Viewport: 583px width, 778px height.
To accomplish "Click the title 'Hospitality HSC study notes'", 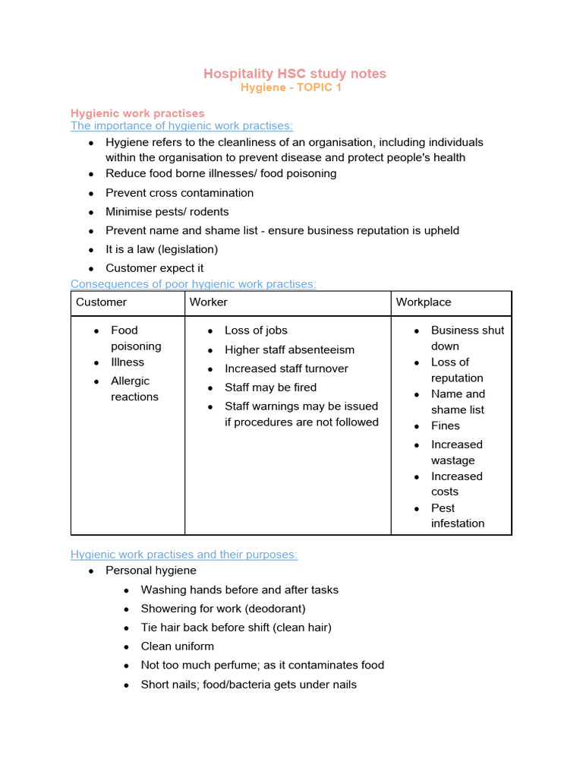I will pyautogui.click(x=295, y=73).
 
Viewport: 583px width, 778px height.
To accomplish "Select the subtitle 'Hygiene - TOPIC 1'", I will pyautogui.click(x=291, y=87).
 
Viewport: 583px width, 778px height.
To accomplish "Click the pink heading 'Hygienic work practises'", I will pyautogui.click(x=137, y=113).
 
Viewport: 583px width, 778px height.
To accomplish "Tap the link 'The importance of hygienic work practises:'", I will pyautogui.click(x=181, y=126).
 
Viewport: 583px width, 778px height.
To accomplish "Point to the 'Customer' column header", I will pyautogui.click(x=101, y=302).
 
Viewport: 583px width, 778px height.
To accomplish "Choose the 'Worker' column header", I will pyautogui.click(x=209, y=302).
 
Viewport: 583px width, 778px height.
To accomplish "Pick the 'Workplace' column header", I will pyautogui.click(x=424, y=302).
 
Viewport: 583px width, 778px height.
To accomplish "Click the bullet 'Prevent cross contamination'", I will pyautogui.click(x=179, y=193).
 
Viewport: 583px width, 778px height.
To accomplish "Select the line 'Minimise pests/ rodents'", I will pyautogui.click(x=167, y=212).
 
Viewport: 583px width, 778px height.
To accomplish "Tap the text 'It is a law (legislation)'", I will pyautogui.click(x=162, y=249).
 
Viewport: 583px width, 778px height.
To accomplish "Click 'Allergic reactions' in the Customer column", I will pyautogui.click(x=134, y=389).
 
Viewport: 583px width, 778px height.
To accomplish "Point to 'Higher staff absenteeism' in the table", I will pyautogui.click(x=289, y=349).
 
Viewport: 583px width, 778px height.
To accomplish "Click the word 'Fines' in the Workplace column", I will pyautogui.click(x=446, y=426).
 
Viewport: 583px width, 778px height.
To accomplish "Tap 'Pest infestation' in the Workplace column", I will pyautogui.click(x=457, y=516).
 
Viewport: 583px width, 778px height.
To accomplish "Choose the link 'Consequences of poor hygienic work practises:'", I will pyautogui.click(x=193, y=284).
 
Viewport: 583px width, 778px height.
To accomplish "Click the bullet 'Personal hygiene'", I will pyautogui.click(x=150, y=571).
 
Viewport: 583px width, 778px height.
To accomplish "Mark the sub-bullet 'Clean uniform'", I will pyautogui.click(x=178, y=647).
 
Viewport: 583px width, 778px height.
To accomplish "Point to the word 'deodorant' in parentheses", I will pyautogui.click(x=275, y=609).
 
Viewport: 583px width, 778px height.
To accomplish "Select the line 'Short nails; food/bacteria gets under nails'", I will pyautogui.click(x=248, y=685).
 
